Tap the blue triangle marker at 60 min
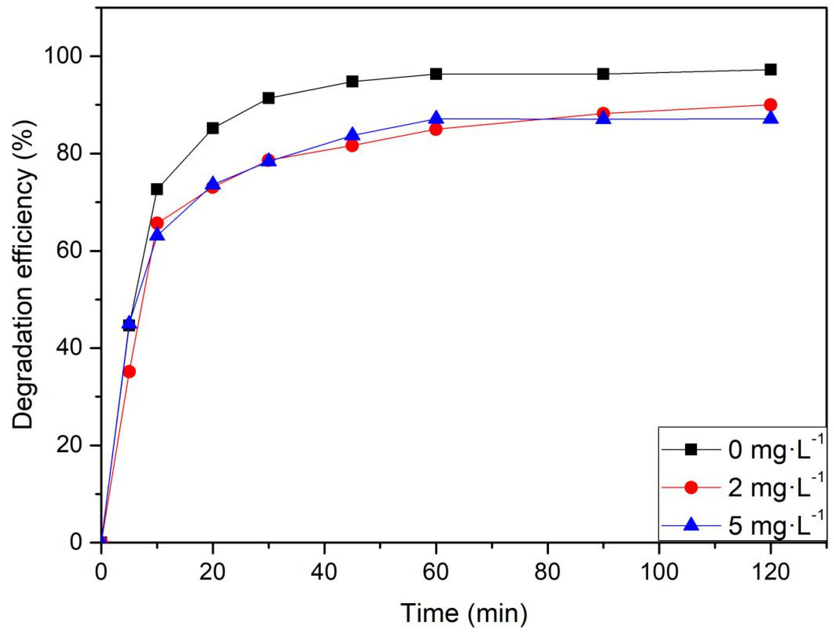[436, 118]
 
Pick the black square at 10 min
[157, 189]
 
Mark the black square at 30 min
[269, 98]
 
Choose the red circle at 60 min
[436, 130]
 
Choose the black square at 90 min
[603, 74]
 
